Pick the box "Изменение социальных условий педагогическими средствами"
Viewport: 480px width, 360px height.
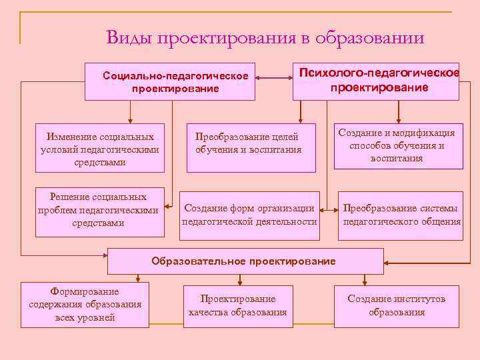100,147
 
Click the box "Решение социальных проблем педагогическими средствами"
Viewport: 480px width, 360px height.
100,211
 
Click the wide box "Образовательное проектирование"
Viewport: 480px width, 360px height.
244,261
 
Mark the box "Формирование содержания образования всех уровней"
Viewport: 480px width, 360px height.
85,305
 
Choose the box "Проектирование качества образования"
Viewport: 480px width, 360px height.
238,305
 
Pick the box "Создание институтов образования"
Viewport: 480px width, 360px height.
397,305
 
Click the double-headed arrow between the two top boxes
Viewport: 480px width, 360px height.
274,79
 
